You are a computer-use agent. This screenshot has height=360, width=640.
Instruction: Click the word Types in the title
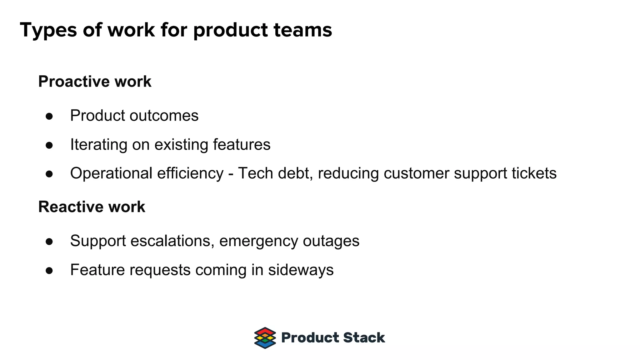(48, 30)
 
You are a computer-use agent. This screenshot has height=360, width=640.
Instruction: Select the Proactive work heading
(95, 82)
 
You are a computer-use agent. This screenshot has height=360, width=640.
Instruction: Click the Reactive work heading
(92, 207)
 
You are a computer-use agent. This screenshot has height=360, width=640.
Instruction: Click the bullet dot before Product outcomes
(49, 116)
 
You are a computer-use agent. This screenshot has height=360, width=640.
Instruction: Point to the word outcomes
(164, 116)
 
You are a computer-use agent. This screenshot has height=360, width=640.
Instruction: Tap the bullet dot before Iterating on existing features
(49, 145)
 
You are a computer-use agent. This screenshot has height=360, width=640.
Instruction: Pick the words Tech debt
(273, 173)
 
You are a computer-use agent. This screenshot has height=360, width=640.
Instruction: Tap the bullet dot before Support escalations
(49, 242)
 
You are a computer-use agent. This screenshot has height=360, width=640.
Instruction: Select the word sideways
(301, 270)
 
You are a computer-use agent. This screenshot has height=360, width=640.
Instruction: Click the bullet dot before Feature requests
(49, 270)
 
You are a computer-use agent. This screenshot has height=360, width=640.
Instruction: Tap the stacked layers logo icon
(265, 338)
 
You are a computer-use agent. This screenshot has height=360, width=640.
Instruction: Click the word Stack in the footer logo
(364, 338)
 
